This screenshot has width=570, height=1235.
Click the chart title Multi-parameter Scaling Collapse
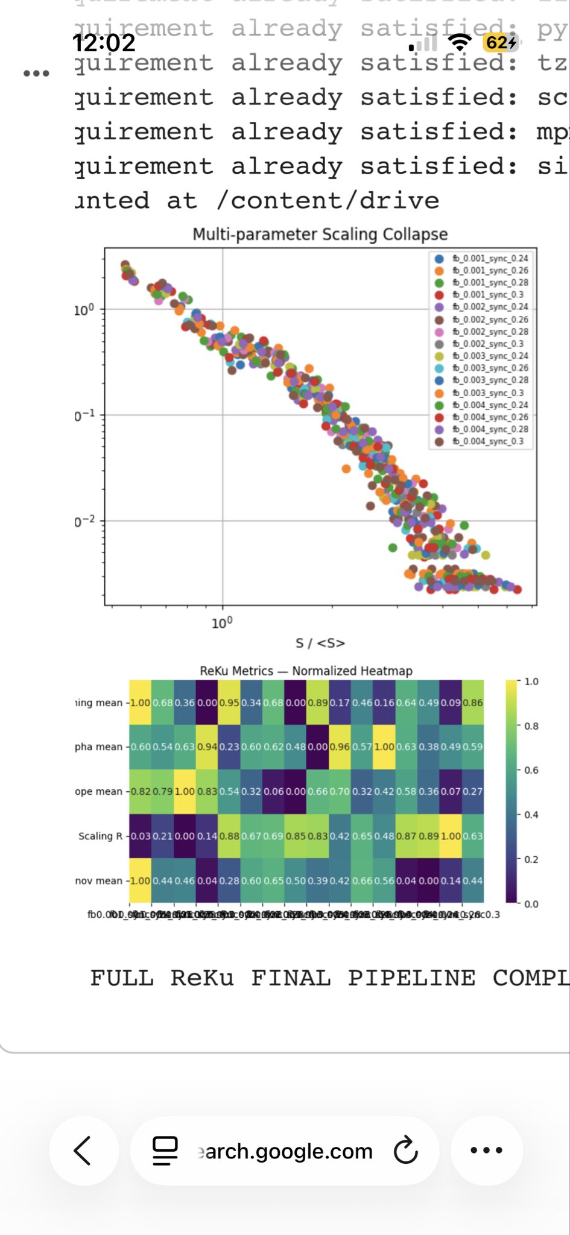(320, 234)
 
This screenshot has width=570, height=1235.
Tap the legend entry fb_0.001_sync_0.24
(490, 258)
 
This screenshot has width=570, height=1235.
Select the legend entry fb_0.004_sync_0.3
(487, 441)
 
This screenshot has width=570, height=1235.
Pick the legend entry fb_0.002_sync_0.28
(490, 332)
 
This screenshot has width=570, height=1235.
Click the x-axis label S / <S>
(320, 643)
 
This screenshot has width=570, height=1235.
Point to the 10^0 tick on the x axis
(222, 622)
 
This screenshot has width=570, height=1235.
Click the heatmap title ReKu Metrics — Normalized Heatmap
(306, 671)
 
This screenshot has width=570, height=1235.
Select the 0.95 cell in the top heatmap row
(229, 703)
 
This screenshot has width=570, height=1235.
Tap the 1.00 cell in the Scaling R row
(451, 836)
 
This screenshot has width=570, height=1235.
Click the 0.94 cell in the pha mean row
(207, 747)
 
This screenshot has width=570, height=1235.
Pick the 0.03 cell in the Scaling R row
(141, 836)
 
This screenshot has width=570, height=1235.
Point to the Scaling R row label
(100, 836)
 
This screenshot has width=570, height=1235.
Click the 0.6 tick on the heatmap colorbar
(531, 770)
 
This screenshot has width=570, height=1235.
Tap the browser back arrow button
(83, 1151)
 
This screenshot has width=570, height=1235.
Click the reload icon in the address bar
(405, 1151)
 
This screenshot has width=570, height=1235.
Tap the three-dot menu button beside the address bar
(486, 1151)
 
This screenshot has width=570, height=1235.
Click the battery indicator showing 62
(500, 43)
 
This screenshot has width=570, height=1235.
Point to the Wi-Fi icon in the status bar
(460, 42)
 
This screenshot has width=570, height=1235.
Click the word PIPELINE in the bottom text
(411, 978)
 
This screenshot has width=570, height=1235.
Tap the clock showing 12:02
(104, 43)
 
